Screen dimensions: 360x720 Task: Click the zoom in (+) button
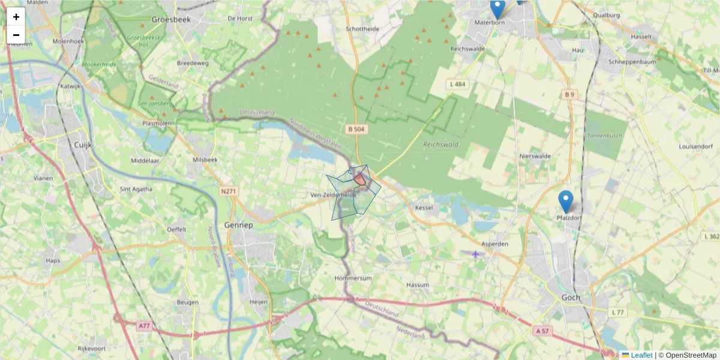(16, 17)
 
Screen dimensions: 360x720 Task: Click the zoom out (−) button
(16, 35)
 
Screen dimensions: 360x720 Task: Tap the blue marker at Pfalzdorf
(565, 202)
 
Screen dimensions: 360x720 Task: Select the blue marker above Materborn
(497, 8)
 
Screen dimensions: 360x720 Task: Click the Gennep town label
(239, 225)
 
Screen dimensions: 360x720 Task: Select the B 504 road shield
(356, 129)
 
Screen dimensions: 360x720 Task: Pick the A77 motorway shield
(143, 326)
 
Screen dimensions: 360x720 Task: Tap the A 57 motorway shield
(542, 331)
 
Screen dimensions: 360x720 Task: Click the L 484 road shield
(457, 85)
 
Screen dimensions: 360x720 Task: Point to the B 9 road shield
(569, 94)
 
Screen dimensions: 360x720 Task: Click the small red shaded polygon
(359, 179)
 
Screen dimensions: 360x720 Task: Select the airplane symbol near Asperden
(476, 254)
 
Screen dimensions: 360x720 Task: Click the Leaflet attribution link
(641, 355)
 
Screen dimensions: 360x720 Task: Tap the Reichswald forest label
(440, 145)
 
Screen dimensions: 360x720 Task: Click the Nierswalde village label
(535, 156)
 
